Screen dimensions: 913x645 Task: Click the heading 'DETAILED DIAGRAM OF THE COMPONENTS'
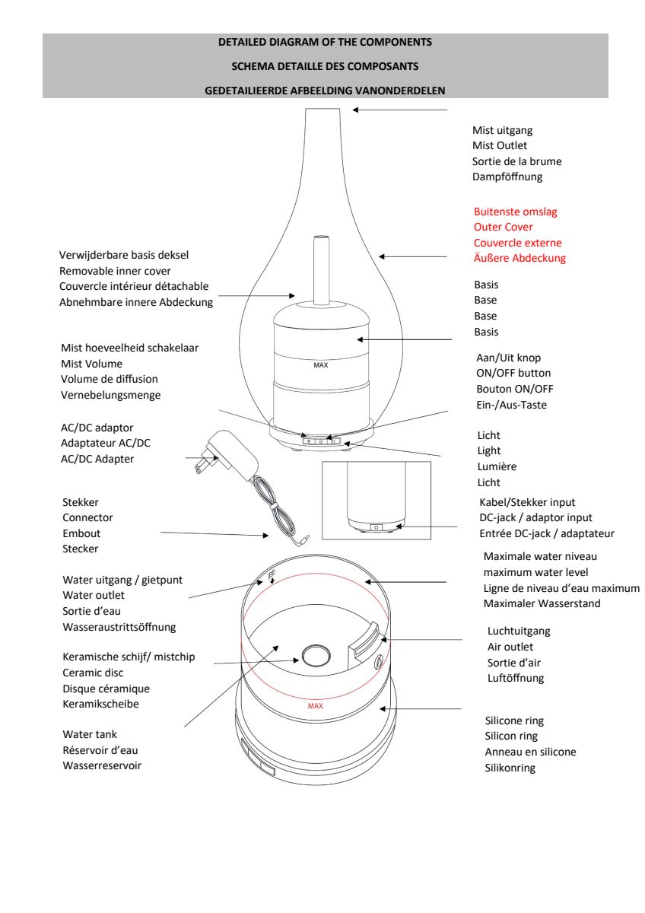point(325,42)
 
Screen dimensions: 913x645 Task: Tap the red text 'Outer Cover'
point(503,227)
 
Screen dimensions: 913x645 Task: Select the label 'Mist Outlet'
point(499,145)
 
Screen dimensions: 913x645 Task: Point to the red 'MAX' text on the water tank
point(316,705)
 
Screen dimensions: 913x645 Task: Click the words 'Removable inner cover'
point(115,270)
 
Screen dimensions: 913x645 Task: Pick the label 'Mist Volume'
point(91,364)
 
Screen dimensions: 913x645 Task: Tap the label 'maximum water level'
point(535,572)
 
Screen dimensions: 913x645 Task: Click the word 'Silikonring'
point(510,768)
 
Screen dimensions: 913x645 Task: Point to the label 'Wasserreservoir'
point(102,765)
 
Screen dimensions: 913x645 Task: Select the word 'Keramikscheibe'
point(100,704)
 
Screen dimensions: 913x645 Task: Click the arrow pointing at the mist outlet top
point(399,110)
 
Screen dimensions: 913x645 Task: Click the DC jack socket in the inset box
point(375,526)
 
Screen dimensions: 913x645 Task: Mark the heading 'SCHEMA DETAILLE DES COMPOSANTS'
point(325,66)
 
